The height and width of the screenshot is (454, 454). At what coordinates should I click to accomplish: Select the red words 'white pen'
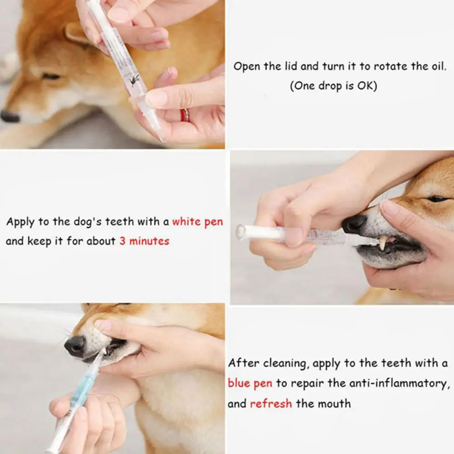click(198, 222)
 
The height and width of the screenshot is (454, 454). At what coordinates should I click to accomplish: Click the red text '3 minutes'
click(144, 241)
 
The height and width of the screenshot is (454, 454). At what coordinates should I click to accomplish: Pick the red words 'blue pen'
click(250, 383)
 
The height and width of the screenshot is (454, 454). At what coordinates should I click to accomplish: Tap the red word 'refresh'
click(271, 403)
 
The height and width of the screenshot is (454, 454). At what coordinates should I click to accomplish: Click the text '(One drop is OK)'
click(333, 86)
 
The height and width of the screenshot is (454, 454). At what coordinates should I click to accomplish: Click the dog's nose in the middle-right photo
click(354, 225)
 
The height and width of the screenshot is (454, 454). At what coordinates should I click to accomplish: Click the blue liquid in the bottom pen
click(82, 388)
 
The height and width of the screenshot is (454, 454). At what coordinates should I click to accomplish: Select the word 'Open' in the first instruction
click(246, 67)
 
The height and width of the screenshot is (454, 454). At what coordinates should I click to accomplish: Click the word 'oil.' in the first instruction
click(439, 66)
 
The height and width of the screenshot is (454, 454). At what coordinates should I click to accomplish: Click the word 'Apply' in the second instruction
click(20, 222)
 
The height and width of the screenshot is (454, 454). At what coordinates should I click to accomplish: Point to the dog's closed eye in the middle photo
click(437, 199)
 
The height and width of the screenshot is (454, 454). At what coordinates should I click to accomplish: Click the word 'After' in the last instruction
click(244, 363)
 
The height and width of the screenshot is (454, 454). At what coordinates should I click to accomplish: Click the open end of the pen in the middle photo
click(240, 232)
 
